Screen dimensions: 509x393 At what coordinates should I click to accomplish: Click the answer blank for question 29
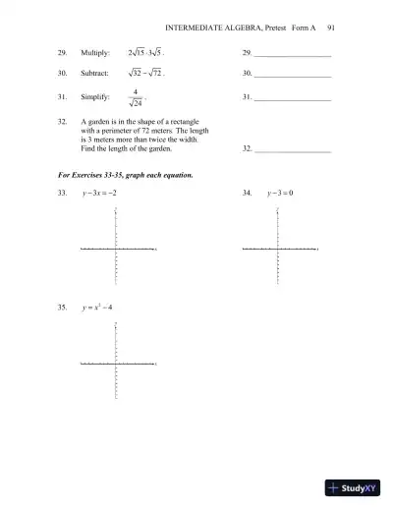292,55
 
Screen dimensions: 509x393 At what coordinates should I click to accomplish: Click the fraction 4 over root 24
135,98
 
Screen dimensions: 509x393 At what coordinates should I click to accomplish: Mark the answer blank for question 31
292,100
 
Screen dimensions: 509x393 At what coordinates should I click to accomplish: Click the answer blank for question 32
292,149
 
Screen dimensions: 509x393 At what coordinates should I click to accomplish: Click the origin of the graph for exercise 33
117,250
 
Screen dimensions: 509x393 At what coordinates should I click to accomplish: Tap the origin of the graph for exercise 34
278,250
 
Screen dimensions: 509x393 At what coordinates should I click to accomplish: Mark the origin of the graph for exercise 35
117,364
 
